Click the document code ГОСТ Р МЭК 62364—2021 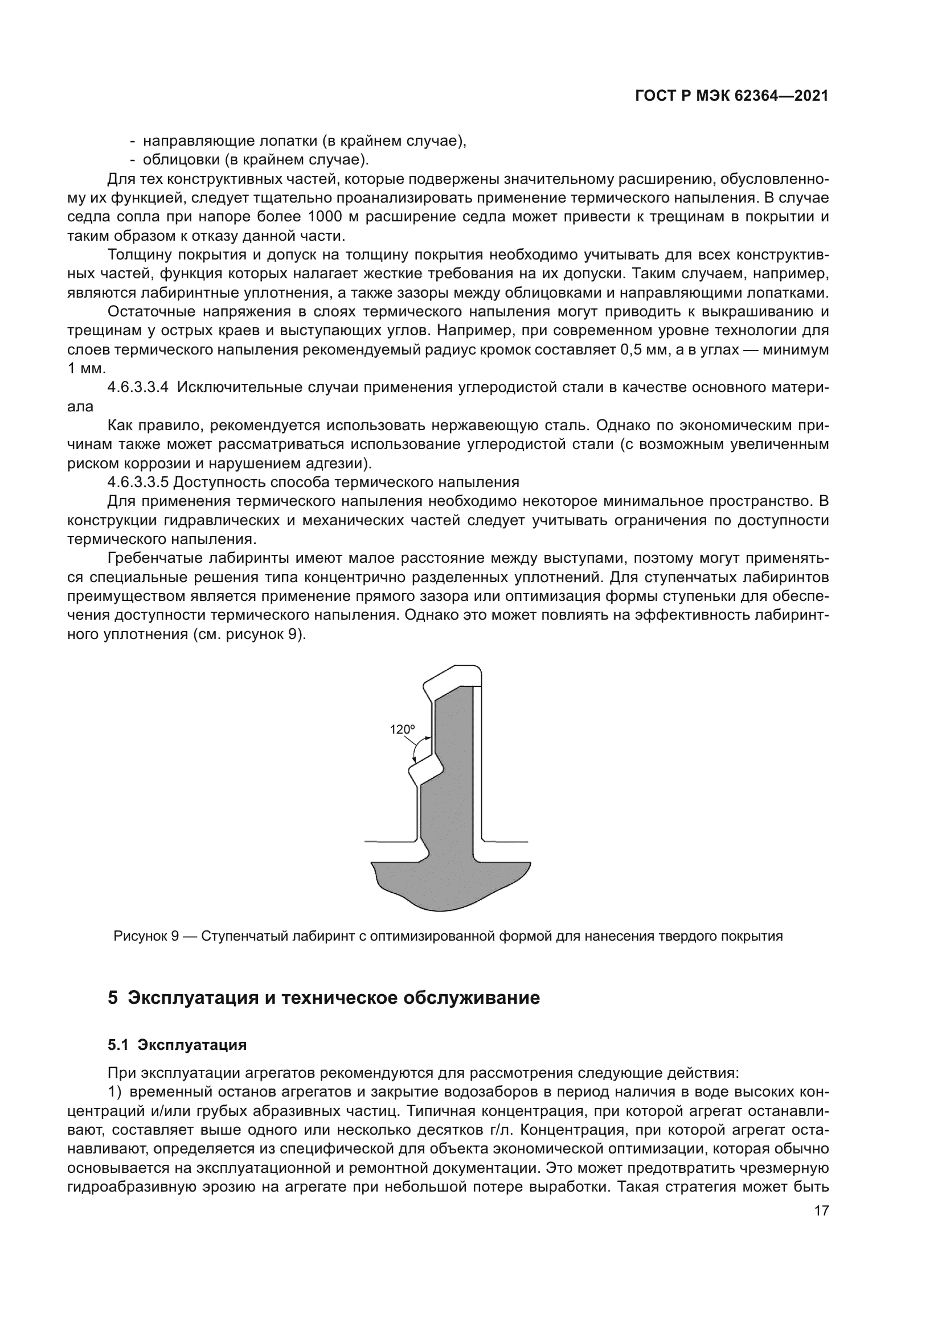pyautogui.click(x=731, y=96)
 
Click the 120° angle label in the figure pyautogui.click(x=402, y=730)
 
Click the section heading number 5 pyautogui.click(x=113, y=998)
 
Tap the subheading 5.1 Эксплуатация pyautogui.click(x=177, y=1045)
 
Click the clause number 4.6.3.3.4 pyautogui.click(x=138, y=388)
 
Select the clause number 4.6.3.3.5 pyautogui.click(x=138, y=482)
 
